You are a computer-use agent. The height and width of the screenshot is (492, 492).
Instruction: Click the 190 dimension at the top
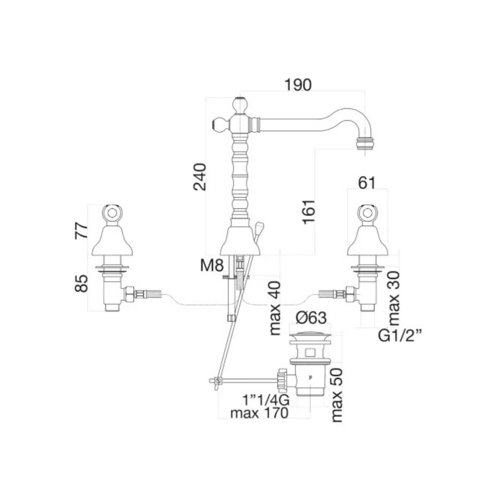(x=298, y=85)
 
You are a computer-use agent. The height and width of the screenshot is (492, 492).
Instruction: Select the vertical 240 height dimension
(x=200, y=177)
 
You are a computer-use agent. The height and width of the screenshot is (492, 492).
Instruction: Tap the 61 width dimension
(x=367, y=183)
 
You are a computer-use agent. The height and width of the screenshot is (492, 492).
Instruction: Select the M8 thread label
(x=212, y=266)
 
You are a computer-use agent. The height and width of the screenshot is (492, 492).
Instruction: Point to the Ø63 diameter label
(x=311, y=318)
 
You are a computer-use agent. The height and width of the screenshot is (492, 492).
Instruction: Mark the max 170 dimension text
(x=259, y=413)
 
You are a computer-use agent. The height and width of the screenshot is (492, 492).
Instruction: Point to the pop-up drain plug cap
(x=310, y=335)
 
